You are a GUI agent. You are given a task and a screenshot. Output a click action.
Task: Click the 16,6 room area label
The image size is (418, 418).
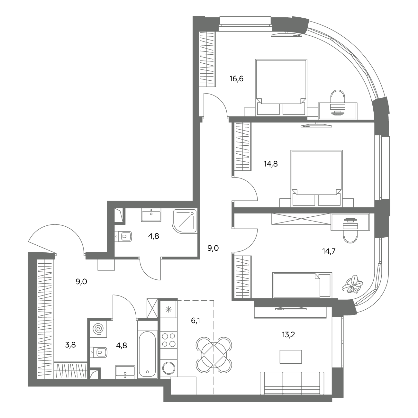coord(236,79)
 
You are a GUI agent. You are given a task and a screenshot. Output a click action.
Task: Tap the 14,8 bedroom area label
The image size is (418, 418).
coord(271,164)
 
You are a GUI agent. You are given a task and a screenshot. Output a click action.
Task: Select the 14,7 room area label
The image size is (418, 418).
coord(329,251)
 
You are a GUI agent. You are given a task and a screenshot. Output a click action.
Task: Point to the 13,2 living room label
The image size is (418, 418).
coord(288,335)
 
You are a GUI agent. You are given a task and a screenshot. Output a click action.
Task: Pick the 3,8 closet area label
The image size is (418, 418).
coord(70,344)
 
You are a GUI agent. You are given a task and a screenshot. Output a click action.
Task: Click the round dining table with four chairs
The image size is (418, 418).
coord(214,355)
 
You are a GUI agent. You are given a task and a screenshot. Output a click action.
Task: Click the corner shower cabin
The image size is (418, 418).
coord(185,221)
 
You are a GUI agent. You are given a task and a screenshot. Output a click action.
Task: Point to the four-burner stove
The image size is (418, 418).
coord(169,340)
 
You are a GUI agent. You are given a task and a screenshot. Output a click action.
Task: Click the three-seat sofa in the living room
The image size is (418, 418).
coord(292,383)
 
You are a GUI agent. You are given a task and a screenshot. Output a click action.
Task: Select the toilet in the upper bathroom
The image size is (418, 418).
coord(123,236)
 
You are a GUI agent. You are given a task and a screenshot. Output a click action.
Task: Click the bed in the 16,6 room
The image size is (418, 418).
coord(281,87)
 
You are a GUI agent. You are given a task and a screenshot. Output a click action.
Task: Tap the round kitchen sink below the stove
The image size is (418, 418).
coord(169,368)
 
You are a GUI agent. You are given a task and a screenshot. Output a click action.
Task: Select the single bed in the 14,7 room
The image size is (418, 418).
coord(302,285)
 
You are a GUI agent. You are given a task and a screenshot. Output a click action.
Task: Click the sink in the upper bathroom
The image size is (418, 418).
coord(151,215)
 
